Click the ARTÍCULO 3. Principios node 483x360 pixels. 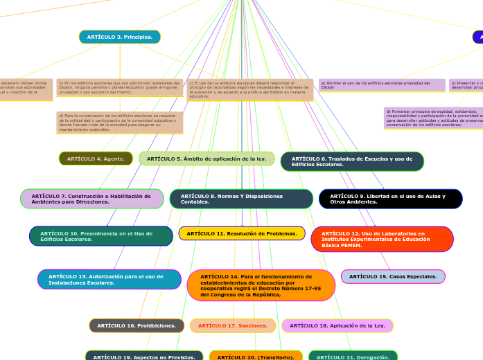(119, 37)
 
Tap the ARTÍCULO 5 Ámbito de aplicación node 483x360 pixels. (207, 159)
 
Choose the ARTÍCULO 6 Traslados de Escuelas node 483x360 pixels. (352, 161)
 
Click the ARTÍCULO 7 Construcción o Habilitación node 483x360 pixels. (91, 199)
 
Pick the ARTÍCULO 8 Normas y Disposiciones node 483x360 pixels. (241, 199)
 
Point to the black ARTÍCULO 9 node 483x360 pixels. (390, 199)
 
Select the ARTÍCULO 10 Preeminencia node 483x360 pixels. (100, 236)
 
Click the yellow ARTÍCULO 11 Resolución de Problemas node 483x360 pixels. (242, 233)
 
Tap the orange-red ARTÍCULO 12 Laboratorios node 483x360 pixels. (382, 239)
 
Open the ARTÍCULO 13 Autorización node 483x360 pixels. (109, 279)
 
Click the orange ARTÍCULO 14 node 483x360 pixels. (261, 285)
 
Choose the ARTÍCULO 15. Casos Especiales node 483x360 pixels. (393, 276)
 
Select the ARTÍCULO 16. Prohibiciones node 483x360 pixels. (137, 325)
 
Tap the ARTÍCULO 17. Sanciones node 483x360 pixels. (233, 325)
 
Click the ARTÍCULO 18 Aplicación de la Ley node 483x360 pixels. (337, 325)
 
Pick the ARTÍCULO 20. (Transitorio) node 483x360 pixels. (256, 356)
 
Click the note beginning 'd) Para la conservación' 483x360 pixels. (120, 123)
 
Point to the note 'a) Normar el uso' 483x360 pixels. (382, 84)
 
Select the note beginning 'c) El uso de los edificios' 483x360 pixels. (250, 89)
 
